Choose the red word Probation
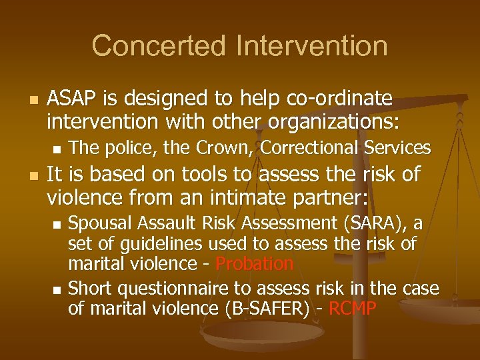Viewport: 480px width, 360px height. click(255, 264)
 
